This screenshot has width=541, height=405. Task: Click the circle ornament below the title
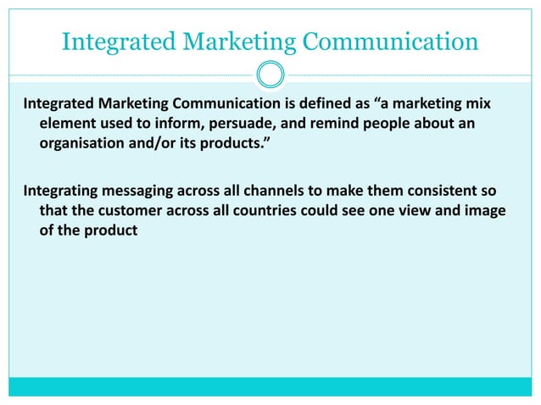270,75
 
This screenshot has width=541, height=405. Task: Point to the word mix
479,104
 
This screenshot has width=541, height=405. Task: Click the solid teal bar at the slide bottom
270,386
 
